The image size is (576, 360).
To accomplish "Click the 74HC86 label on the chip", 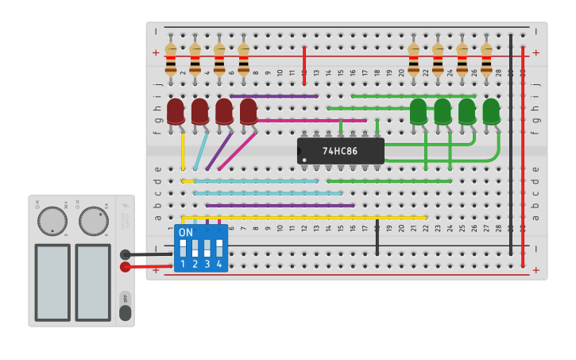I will point(340,150).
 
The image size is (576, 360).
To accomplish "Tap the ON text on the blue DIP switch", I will point(185,233).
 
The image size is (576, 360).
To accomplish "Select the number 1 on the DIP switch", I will point(183,264).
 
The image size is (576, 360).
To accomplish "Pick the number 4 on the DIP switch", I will point(219,264).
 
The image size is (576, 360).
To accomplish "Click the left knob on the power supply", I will point(52,221).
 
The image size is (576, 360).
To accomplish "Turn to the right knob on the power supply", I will point(94,221).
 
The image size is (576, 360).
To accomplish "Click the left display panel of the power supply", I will point(52,282).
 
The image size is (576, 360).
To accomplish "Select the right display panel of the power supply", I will point(93,282).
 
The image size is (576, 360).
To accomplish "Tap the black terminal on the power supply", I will point(125,255).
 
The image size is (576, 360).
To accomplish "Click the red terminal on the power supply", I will point(125,267).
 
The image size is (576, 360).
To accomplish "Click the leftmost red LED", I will point(176,111).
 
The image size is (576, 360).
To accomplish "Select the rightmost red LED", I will point(249,111).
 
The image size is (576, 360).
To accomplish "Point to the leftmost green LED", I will point(418,111).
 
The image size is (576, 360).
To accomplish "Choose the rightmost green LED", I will point(491,111).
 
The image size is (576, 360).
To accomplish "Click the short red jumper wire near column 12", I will point(304,65).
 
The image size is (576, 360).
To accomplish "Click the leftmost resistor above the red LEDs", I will point(171,60).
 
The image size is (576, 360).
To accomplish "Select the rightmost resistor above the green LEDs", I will point(486,60).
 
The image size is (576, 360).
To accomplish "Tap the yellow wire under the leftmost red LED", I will point(183,151).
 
